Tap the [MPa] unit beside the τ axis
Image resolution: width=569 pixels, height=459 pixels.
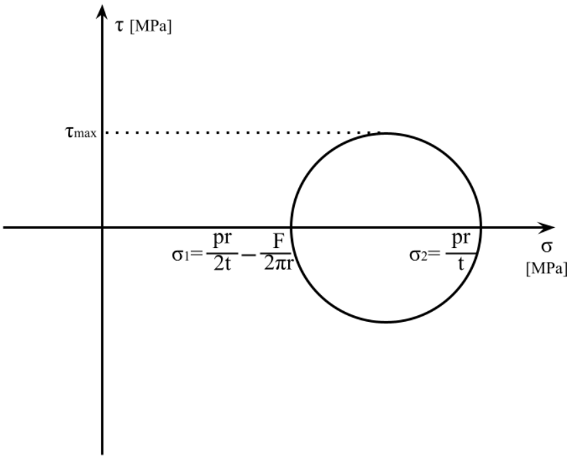(151, 29)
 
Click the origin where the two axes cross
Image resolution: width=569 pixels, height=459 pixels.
(101, 227)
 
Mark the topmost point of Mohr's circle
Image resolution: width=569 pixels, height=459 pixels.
(386, 132)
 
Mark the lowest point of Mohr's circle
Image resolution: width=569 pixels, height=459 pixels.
(386, 322)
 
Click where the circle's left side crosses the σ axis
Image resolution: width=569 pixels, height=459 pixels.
(291, 227)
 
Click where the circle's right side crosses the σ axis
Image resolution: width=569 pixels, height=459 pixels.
(480, 227)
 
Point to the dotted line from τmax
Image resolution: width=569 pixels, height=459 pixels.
(242, 133)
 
